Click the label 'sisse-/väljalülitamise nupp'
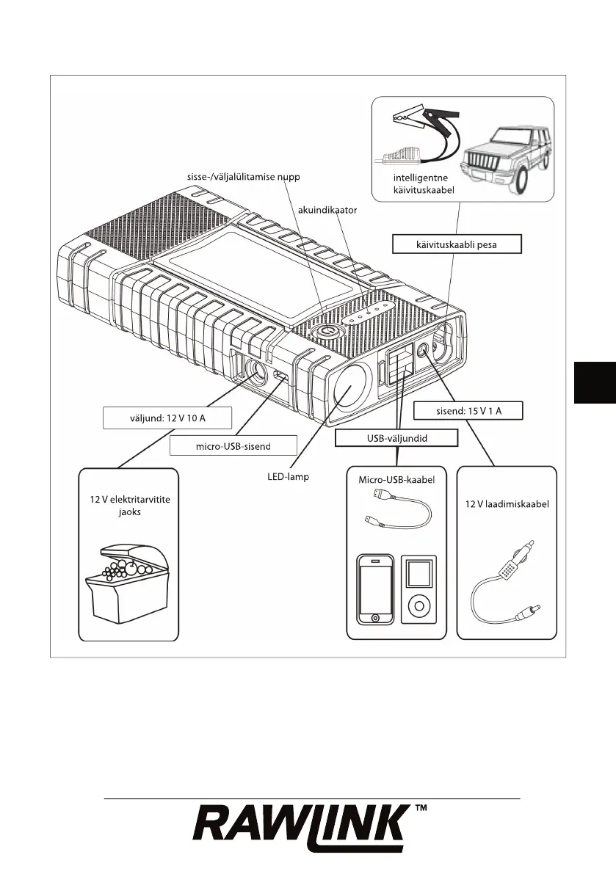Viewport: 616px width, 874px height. pos(244,177)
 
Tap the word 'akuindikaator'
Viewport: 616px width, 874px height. pos(327,211)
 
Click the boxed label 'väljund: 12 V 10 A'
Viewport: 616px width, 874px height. pos(167,418)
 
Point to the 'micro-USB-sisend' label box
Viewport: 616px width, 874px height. pos(233,445)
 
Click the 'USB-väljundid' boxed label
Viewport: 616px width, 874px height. pos(396,437)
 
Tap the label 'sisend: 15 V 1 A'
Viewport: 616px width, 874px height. pos(468,410)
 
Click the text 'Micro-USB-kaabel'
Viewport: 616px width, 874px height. pos(397,480)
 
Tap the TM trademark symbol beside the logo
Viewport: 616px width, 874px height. pos(421,809)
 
